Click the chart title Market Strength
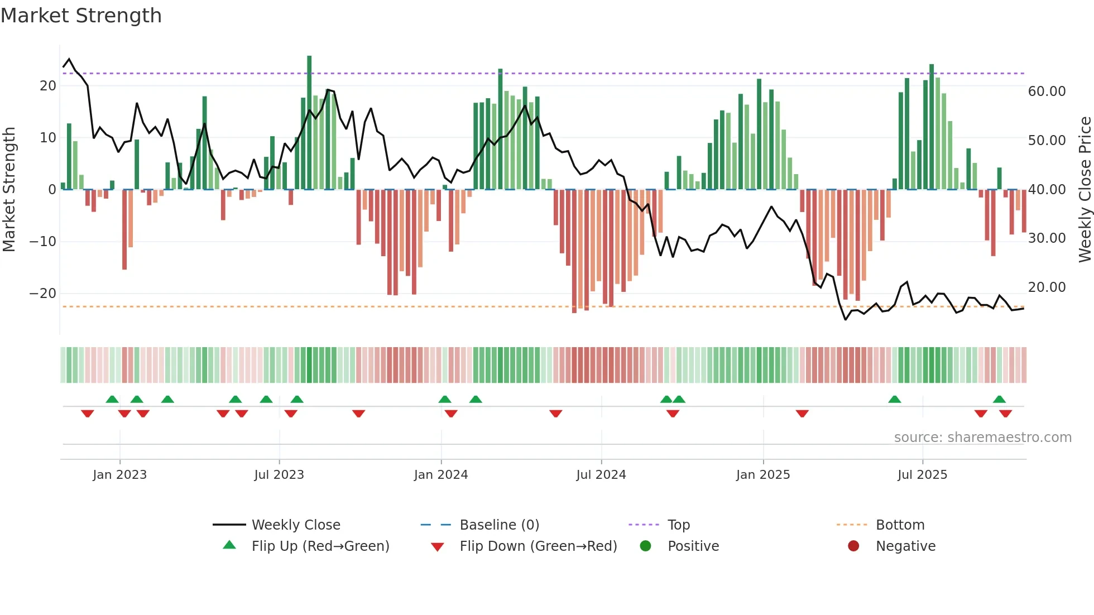click(81, 16)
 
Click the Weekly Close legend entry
click(295, 525)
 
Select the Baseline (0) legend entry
click(499, 525)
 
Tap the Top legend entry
click(678, 525)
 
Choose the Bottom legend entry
click(900, 525)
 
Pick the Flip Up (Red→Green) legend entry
click(320, 546)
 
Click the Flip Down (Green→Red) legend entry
click(538, 546)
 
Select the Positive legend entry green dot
click(646, 546)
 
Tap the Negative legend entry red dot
click(853, 546)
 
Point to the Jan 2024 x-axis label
click(440, 474)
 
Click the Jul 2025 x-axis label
click(922, 474)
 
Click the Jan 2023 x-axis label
click(119, 474)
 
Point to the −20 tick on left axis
click(43, 293)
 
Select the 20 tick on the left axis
click(48, 85)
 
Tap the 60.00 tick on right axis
click(1047, 91)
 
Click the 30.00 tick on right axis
click(1047, 238)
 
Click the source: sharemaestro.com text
click(982, 437)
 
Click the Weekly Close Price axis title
click(1085, 189)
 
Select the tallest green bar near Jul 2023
click(309, 123)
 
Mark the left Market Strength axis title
click(9, 189)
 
